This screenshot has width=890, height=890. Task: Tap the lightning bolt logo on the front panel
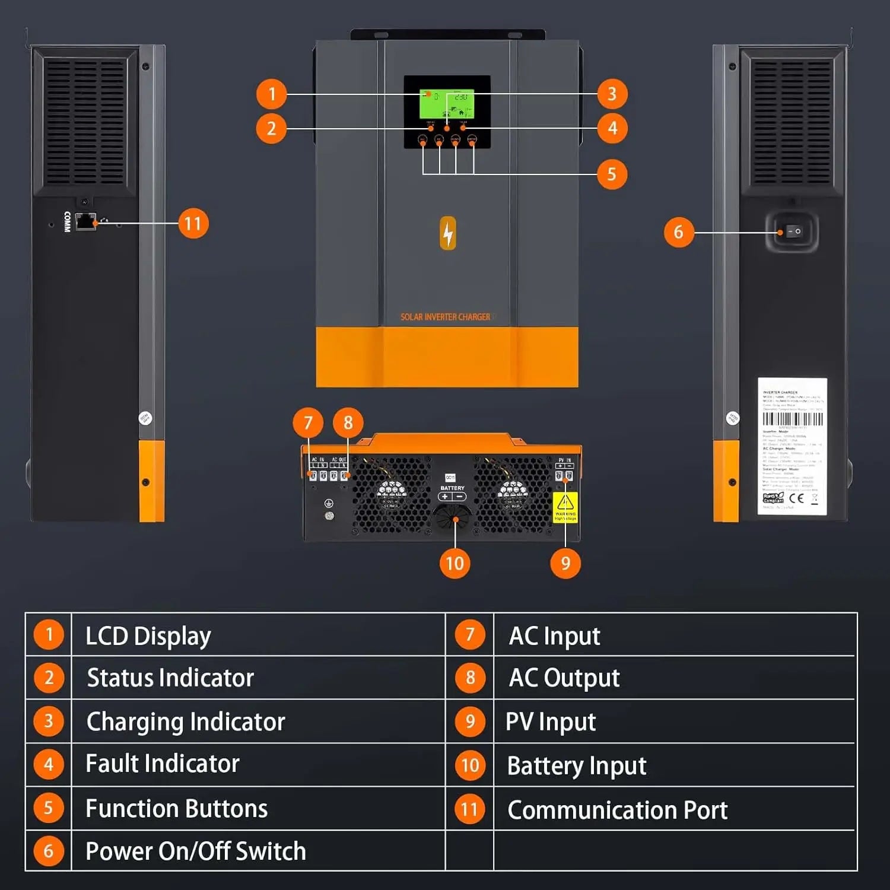click(448, 233)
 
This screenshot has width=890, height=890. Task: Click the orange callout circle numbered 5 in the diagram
click(612, 174)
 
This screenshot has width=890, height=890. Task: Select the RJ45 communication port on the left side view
click(85, 221)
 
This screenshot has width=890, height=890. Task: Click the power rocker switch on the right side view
click(794, 231)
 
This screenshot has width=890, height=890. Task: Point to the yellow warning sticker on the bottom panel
click(565, 507)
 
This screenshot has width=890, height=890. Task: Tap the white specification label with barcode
click(792, 446)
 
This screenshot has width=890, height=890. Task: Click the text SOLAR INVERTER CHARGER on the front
click(446, 317)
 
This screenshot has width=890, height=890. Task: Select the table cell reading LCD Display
click(148, 635)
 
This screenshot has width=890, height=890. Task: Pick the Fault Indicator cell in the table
click(163, 764)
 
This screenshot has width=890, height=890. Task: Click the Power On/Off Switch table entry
click(196, 851)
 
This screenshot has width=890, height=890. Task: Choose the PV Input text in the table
click(551, 721)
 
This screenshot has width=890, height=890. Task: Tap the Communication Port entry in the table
click(617, 810)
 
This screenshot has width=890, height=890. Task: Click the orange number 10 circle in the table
click(470, 765)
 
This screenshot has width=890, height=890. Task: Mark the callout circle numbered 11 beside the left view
click(193, 223)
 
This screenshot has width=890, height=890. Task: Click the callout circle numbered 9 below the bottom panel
click(565, 563)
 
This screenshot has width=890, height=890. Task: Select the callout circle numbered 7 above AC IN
click(308, 422)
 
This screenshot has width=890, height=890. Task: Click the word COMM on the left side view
click(67, 221)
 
